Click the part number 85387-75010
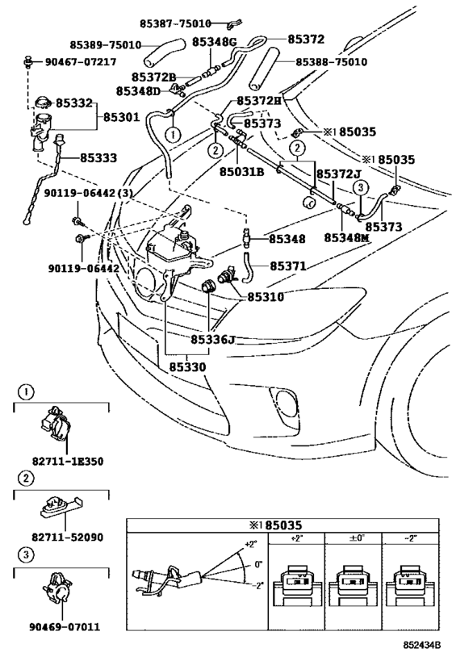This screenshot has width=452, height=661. [x=175, y=23]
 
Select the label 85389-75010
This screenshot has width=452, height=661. [x=106, y=44]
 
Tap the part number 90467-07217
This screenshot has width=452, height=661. [x=81, y=62]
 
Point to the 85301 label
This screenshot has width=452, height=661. [x=121, y=117]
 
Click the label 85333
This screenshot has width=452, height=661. [x=98, y=157]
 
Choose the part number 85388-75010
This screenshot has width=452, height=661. [x=331, y=62]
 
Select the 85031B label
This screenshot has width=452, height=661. [x=241, y=172]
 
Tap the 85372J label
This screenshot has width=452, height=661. [x=339, y=174]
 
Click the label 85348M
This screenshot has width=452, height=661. [x=346, y=238]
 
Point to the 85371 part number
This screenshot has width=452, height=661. [x=288, y=266]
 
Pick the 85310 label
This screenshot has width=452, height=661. [x=266, y=297]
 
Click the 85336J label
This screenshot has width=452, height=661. [x=212, y=339]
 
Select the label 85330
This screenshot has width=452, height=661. [x=187, y=367]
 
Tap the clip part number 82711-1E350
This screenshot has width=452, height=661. [x=68, y=461]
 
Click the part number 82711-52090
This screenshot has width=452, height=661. [x=68, y=538]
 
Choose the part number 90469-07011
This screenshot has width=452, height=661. [x=65, y=627]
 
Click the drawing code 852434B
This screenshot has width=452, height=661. [x=421, y=645]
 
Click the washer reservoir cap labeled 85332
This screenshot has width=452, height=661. [x=42, y=102]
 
